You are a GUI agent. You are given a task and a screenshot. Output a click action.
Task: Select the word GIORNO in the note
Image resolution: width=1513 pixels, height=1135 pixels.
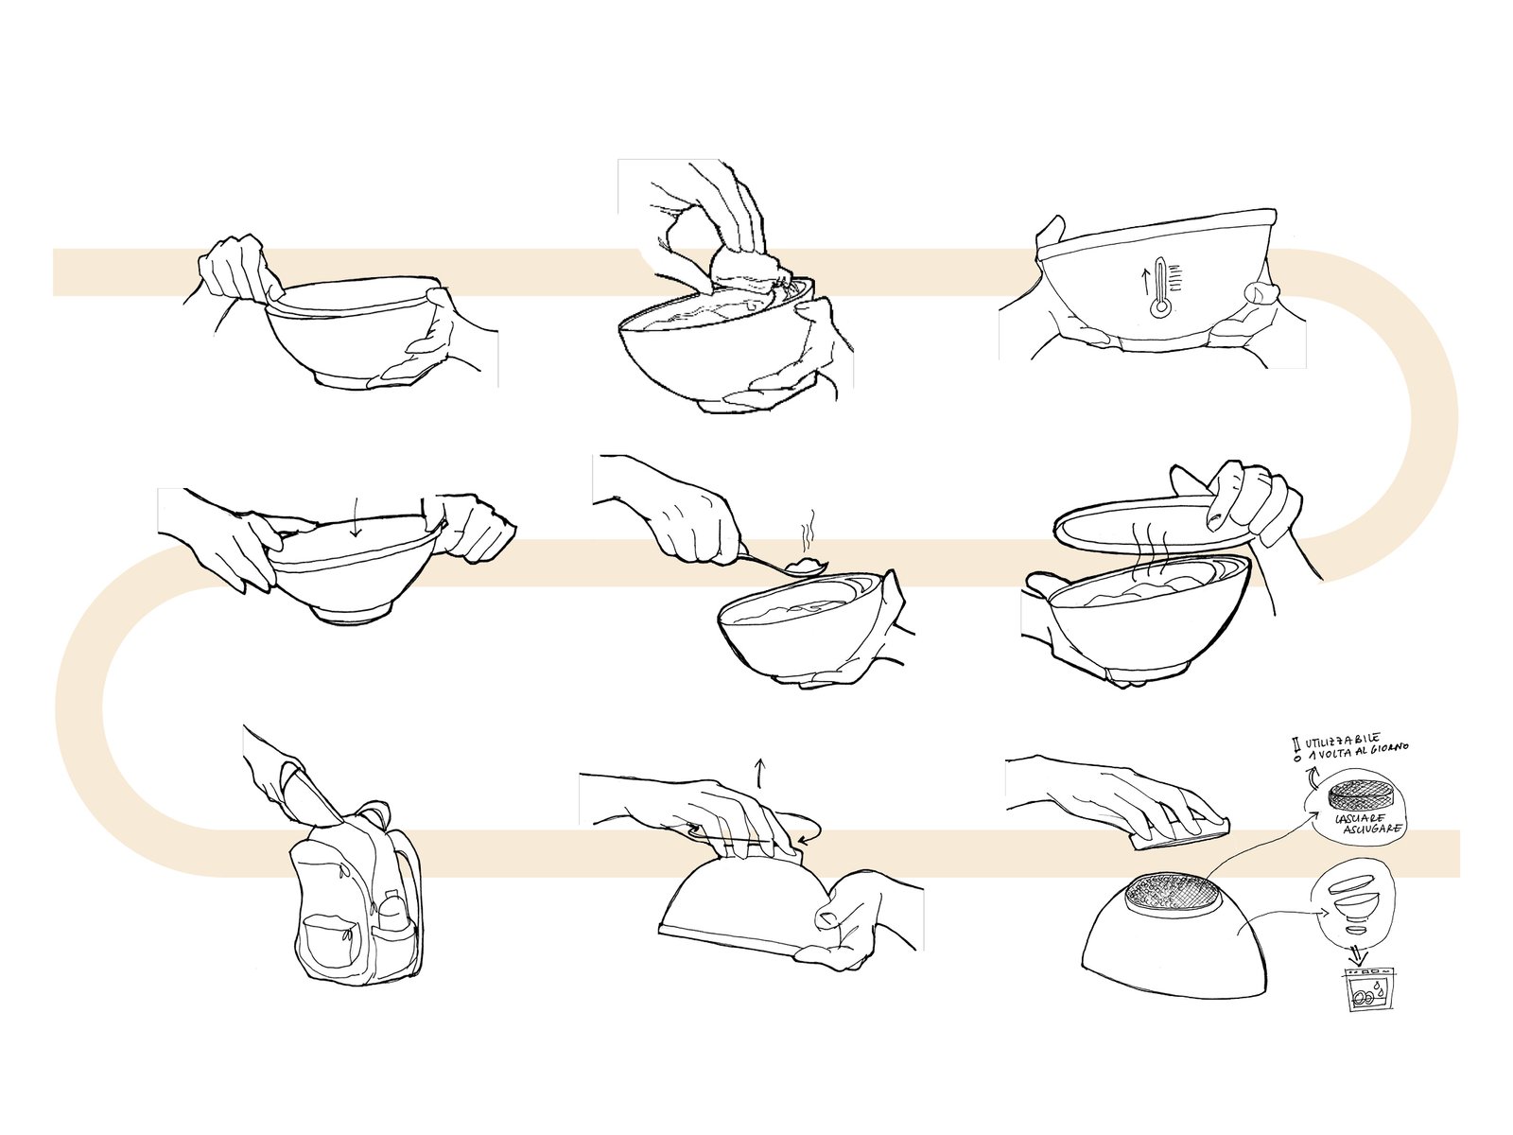coord(1387,748)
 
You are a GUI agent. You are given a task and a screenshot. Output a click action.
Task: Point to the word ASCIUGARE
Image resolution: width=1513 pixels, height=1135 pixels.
coord(1371,829)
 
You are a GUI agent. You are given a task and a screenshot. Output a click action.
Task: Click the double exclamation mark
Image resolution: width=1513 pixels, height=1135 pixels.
coord(1296,750)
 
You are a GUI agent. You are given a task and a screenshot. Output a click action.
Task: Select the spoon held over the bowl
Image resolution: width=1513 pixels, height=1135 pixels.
coord(779,563)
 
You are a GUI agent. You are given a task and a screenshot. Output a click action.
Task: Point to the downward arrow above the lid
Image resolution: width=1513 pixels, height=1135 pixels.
coord(355,522)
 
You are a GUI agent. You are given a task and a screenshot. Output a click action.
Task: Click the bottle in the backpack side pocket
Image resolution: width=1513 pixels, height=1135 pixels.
coord(391,913)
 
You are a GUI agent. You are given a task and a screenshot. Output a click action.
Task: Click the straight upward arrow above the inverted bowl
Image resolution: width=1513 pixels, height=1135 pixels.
coord(760,773)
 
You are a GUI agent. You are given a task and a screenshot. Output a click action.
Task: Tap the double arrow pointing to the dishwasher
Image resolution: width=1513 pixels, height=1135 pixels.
coord(1357,956)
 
